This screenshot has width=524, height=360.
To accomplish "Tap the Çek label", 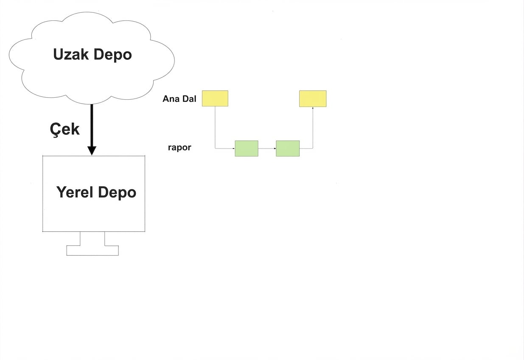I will (64, 129).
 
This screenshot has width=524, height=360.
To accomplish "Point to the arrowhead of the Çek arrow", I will (92, 150).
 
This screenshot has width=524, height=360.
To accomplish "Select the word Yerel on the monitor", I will (75, 192).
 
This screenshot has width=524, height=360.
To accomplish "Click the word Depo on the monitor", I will (117, 193).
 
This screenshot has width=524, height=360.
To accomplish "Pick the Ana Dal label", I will (179, 99).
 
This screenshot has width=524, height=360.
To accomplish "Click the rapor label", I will (179, 148).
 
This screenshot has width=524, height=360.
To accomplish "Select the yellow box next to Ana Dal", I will (215, 98).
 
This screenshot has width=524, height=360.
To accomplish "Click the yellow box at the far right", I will (313, 98).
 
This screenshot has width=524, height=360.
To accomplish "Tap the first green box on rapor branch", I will (247, 148).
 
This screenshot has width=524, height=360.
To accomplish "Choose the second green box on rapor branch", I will (288, 148).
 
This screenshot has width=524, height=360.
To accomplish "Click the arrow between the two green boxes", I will (267, 149).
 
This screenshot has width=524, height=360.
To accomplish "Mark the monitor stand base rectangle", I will (92, 250).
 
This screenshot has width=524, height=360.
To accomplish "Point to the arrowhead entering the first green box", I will (233, 149).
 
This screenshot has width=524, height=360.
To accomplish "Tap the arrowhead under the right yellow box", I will (313, 109).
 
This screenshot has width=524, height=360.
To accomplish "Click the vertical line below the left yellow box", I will (215, 127).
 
